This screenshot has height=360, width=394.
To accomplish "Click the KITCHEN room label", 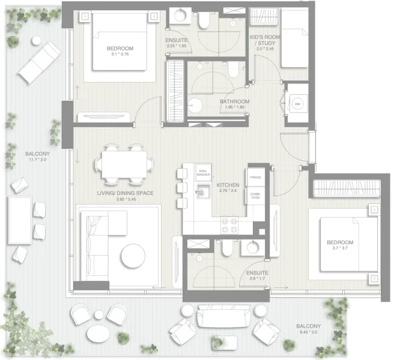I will (x=228, y=185).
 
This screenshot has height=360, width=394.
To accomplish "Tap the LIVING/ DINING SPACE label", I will (x=126, y=193).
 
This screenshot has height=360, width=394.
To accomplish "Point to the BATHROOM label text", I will (x=234, y=102).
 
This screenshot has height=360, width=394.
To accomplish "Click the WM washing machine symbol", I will (x=297, y=103).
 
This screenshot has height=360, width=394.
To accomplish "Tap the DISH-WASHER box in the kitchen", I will (x=204, y=173).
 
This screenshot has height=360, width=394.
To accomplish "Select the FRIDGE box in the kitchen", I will (x=255, y=178).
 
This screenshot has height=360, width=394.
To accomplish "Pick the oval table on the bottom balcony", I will (x=97, y=332).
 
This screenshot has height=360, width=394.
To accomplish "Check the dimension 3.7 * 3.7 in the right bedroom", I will (x=340, y=248).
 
